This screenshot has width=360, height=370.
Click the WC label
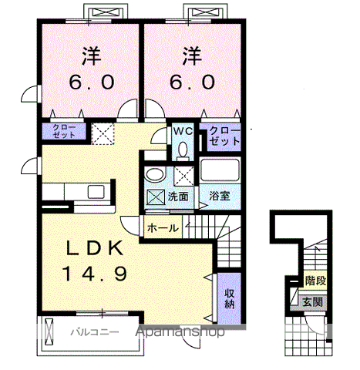pos(183,132)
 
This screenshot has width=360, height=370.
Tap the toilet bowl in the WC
pos(183,150)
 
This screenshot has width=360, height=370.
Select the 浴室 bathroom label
pos(219,196)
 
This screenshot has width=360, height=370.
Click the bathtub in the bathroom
pos(220,170)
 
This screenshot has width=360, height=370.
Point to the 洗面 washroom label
pos(178,197)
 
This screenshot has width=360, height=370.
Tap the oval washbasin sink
pos(155,175)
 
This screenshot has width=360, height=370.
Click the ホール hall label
pos(163,227)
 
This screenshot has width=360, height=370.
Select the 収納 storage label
pos(230,298)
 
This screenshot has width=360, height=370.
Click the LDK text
pos(94,248)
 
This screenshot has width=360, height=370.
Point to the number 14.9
pos(94,273)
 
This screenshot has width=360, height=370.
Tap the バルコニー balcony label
pos(95,332)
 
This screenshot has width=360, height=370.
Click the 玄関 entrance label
pos(312,301)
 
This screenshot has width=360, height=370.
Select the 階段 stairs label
pos(315,281)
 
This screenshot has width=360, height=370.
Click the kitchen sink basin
pos(96,191)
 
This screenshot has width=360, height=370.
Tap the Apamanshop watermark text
pos(180,331)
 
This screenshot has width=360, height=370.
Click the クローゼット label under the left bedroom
pos(64,131)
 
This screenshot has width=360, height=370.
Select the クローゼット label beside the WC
pos(224,136)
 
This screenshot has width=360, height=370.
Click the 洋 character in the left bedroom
pos(91,55)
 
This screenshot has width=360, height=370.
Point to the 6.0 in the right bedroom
pos(192,82)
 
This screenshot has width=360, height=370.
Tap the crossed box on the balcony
pos(49,331)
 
